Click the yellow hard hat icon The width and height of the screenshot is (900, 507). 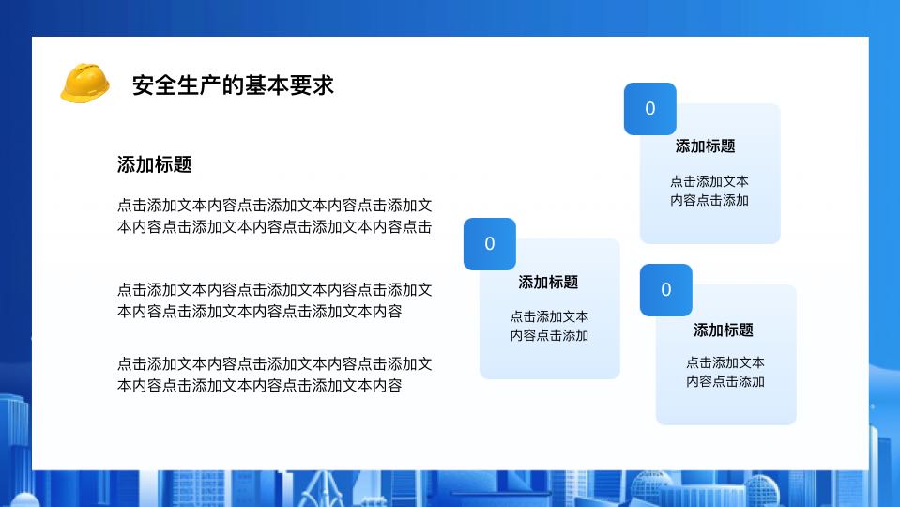(x=85, y=84)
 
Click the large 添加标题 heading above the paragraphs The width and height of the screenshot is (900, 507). (x=155, y=165)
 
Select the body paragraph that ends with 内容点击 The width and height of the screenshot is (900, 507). (x=274, y=216)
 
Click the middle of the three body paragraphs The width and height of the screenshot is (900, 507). (x=274, y=300)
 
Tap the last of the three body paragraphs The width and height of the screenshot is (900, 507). (x=274, y=375)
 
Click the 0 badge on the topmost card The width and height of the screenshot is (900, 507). (x=649, y=109)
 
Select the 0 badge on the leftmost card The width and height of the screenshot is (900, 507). (x=490, y=244)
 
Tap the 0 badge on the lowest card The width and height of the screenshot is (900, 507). (x=665, y=290)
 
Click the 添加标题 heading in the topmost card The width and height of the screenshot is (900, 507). (x=706, y=146)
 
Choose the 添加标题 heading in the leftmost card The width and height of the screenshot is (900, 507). (x=548, y=283)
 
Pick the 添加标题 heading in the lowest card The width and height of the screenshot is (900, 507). (x=724, y=330)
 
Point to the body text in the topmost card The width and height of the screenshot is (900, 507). (x=709, y=191)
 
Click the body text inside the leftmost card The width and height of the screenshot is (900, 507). (x=549, y=326)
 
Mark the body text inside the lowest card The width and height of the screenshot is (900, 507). (x=725, y=372)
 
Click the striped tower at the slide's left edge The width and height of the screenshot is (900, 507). (x=15, y=431)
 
